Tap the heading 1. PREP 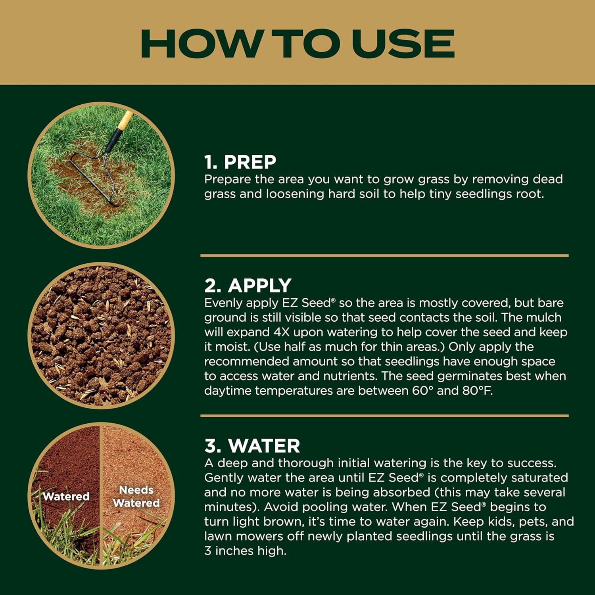click(240, 162)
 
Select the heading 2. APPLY click(248, 285)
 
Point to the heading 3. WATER click(252, 445)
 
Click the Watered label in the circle click(66, 496)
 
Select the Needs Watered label click(136, 497)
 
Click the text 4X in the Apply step click(282, 332)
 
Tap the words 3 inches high click(245, 551)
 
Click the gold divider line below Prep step click(384, 255)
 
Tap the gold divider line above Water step click(384, 416)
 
